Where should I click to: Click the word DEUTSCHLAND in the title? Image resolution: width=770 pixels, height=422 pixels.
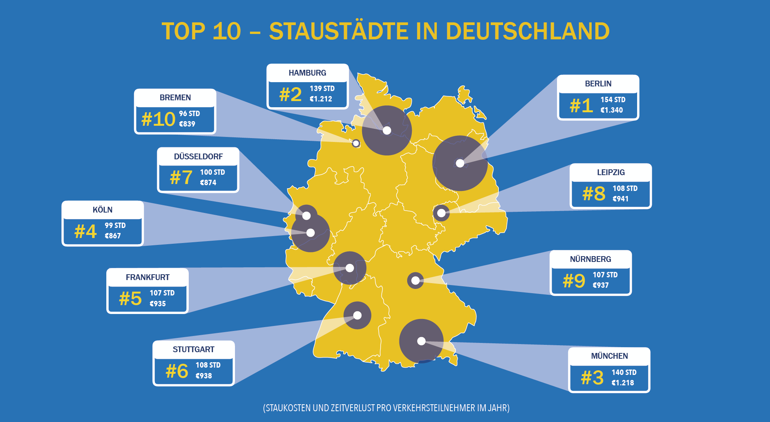click(528, 31)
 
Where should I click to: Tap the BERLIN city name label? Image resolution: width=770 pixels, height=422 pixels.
click(598, 84)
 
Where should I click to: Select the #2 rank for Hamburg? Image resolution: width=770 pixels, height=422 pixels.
click(290, 95)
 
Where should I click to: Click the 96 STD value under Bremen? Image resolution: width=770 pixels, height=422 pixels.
click(190, 114)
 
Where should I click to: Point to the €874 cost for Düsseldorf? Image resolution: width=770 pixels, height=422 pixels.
click(208, 183)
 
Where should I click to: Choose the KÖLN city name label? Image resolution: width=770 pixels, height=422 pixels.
click(102, 210)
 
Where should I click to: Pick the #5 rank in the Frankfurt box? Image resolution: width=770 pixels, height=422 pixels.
click(131, 299)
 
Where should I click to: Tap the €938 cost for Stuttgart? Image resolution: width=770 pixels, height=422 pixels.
click(204, 376)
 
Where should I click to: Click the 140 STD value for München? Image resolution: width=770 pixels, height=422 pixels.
click(624, 373)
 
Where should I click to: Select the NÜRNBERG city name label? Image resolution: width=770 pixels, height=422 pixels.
click(591, 259)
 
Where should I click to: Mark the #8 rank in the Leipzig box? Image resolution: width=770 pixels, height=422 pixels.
click(594, 194)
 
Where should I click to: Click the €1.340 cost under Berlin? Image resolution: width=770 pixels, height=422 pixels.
click(612, 110)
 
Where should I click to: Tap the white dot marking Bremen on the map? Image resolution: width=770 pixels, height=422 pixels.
click(356, 143)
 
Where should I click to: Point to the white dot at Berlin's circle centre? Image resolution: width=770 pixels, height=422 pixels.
click(460, 163)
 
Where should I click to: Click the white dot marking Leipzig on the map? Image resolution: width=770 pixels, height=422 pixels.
click(441, 213)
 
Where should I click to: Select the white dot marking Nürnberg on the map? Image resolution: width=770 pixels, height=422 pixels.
click(415, 280)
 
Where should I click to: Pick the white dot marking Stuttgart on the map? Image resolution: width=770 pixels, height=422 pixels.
click(357, 316)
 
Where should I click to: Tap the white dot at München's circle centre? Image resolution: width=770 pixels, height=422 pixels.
click(421, 341)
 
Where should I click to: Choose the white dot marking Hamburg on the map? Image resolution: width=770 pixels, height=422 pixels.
click(387, 130)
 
